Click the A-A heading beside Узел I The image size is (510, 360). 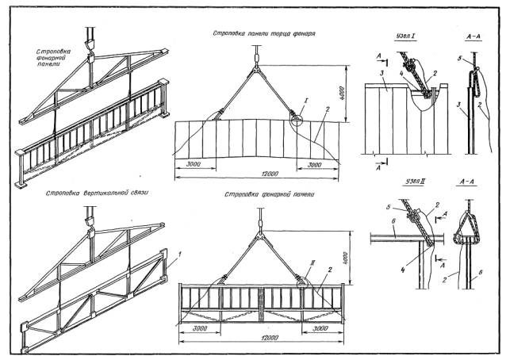coord(471,37)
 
